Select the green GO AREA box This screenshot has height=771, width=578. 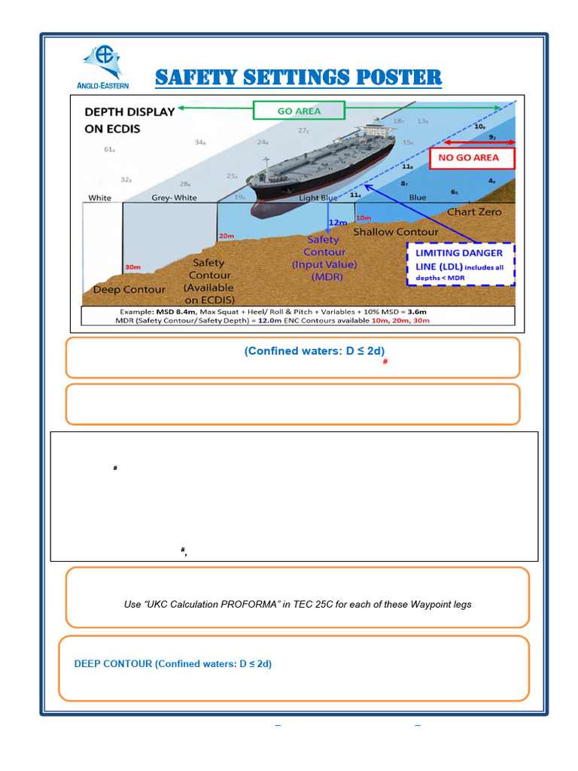click(299, 111)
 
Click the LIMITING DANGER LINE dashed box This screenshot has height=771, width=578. click(460, 264)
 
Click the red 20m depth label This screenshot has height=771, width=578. click(226, 236)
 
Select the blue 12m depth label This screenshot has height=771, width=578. click(338, 223)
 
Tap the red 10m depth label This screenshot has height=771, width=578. click(363, 218)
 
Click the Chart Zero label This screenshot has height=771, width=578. click(473, 212)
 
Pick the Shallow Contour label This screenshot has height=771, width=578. click(396, 232)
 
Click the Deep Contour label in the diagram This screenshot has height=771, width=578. click(127, 290)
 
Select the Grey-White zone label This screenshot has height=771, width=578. click(174, 199)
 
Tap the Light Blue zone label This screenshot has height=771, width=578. click(318, 198)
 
